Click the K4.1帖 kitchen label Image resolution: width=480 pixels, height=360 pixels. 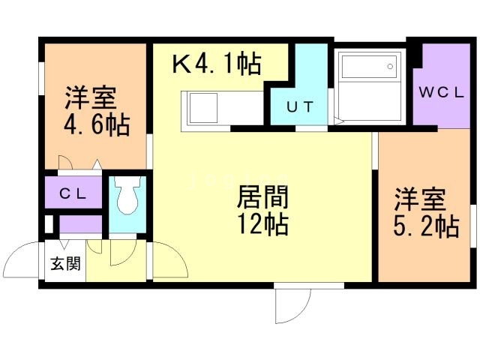point(217,63)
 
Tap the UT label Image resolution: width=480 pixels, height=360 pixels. point(300,106)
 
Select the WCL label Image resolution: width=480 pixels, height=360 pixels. point(442,92)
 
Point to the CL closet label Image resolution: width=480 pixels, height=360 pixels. point(73,193)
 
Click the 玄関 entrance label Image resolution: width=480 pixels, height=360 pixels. point(65,263)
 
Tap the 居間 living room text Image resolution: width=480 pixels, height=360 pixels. point(262,198)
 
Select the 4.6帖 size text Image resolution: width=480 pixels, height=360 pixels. point(97,124)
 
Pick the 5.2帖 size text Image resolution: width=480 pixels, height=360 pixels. point(426,226)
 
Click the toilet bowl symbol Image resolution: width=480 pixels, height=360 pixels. point(127,196)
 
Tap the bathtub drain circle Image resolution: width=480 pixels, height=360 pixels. point(390,67)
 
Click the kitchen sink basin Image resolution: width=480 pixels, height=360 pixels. point(203,108)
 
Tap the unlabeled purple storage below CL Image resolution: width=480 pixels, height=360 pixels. point(80,224)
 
